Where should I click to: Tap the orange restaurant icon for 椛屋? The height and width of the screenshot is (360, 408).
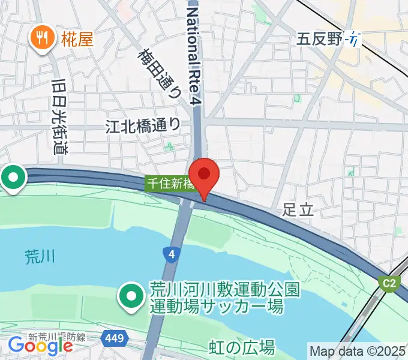coord(41,39)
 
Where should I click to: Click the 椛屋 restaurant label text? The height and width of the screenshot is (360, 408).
coord(77,40)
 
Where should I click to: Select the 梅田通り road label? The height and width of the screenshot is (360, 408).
coord(160,72)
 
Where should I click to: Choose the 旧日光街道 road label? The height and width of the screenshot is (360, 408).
coord(58,116)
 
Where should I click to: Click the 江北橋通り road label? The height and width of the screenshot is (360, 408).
coord(143,125)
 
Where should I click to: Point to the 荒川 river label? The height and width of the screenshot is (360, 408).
coord(40,257)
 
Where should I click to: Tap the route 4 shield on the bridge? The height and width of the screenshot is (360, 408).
coord(172,255)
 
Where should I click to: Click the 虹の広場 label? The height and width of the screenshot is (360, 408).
coord(242,347)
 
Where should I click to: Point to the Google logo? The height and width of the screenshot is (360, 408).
coord(41,346)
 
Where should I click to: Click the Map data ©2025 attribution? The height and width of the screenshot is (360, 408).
coord(358,350)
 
